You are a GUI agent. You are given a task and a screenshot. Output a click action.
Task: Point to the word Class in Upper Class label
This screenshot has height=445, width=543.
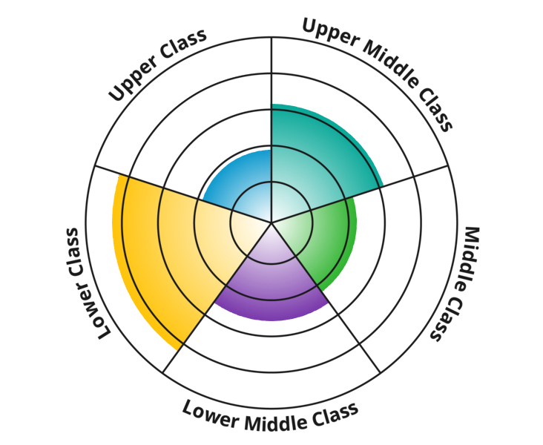tap(182, 44)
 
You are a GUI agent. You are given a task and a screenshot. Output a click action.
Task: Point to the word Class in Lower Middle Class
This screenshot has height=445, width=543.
tap(334, 412)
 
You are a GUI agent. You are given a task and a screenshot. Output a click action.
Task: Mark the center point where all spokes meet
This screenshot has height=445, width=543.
tap(271, 222)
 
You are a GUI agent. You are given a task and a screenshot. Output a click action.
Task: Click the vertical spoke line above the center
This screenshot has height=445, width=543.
tap(271, 74)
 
